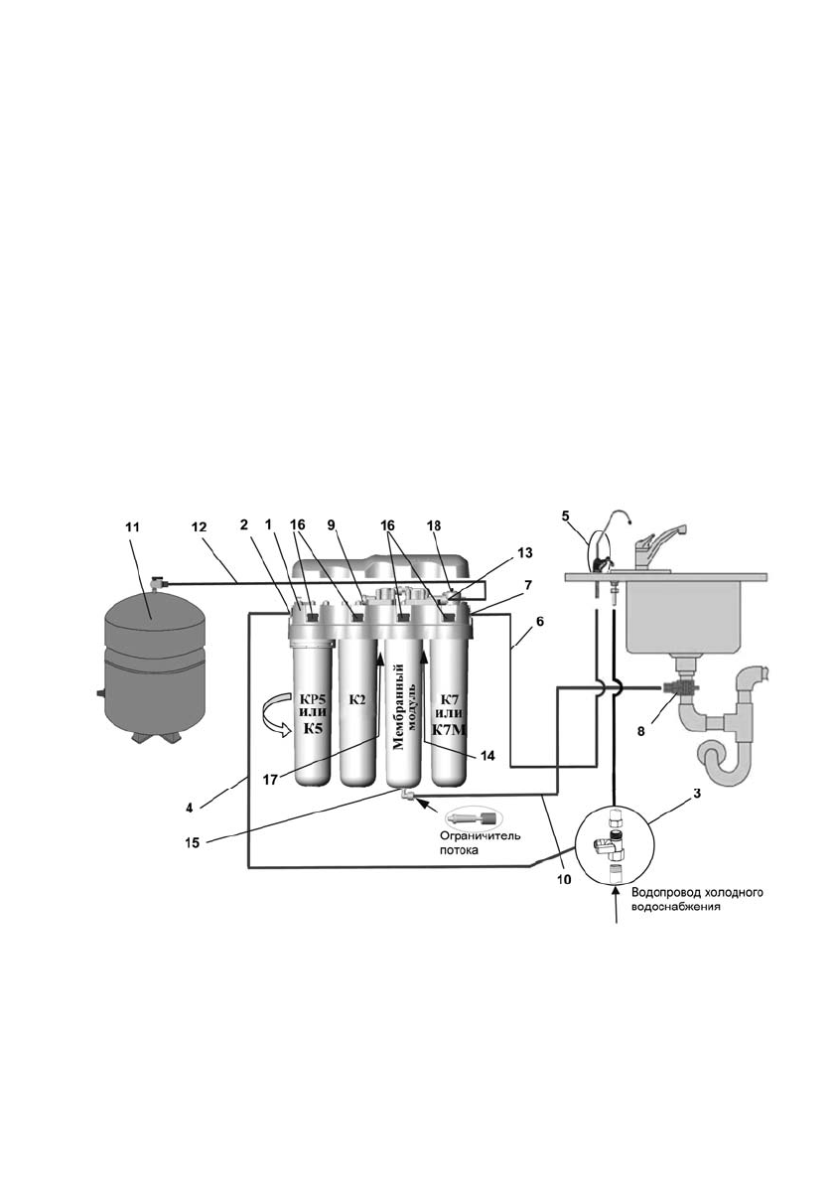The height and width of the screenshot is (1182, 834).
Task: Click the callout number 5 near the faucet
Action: (x=566, y=516)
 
